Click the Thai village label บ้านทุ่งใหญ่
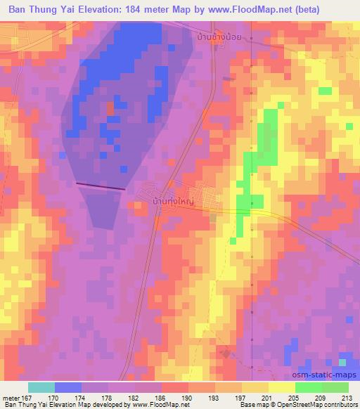(x=173, y=201)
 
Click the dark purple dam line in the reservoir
(x=100, y=186)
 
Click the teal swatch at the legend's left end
(x=41, y=387)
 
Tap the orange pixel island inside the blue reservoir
(x=110, y=109)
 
